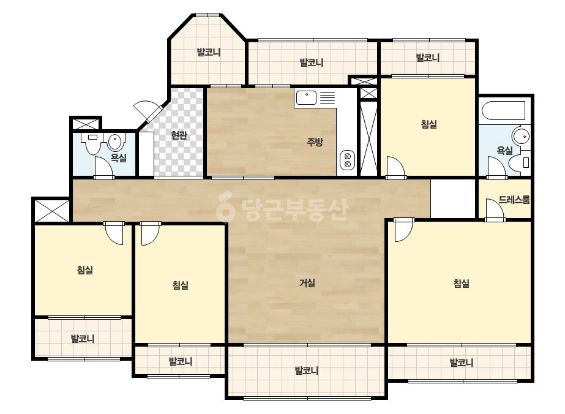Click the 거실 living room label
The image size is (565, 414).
(x=307, y=283)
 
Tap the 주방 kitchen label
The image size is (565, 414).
(x=315, y=142)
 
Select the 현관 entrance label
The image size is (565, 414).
(x=179, y=135)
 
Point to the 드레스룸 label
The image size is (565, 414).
(x=514, y=200)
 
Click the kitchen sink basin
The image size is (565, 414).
(x=306, y=98)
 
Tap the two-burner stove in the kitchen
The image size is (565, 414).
(x=347, y=160)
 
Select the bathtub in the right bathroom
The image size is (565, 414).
(x=504, y=111)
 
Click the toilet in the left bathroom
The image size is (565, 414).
(x=93, y=143)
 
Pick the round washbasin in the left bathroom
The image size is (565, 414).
(x=115, y=142)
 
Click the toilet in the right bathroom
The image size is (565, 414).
(x=520, y=162)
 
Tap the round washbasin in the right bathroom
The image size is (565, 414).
(x=521, y=137)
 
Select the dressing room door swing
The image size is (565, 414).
(x=495, y=209)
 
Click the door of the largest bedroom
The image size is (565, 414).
(x=403, y=231)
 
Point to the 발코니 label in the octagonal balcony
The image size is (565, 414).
(x=208, y=52)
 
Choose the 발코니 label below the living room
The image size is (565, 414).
(x=306, y=371)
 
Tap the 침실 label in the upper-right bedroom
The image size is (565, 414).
(x=428, y=124)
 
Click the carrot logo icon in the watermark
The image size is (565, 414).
(x=225, y=206)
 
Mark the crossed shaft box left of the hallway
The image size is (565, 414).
(x=51, y=211)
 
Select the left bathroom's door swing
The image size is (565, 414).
(x=105, y=167)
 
